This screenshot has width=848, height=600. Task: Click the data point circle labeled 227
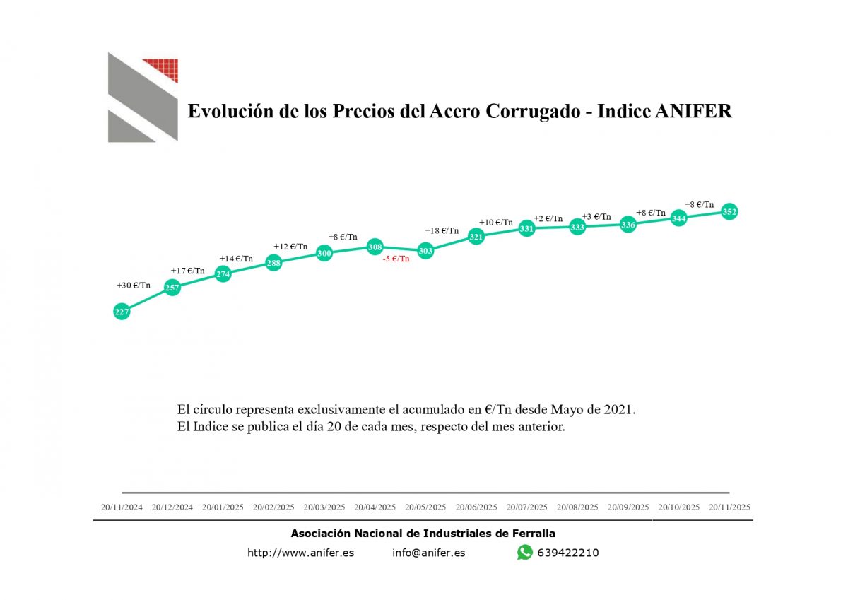[122, 312]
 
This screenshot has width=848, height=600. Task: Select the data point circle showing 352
[729, 211]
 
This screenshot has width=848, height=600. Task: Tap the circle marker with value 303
[425, 251]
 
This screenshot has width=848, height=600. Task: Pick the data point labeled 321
[476, 237]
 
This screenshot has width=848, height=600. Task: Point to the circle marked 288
[273, 264]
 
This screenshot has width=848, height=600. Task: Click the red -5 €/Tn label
[396, 259]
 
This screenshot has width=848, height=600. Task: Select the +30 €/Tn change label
[134, 286]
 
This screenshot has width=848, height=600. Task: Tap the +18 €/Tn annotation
[442, 231]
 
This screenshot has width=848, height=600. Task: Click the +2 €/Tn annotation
[548, 219]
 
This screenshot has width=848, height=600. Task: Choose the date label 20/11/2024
[122, 507]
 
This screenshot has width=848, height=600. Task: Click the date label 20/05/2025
[425, 507]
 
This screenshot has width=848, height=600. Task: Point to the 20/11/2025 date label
[729, 507]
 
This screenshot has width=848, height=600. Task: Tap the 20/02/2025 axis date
[273, 507]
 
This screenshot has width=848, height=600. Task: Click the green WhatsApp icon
[524, 553]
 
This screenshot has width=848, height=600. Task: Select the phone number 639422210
[567, 553]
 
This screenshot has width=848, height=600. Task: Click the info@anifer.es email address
[428, 553]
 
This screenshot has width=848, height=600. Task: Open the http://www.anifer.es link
[300, 553]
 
